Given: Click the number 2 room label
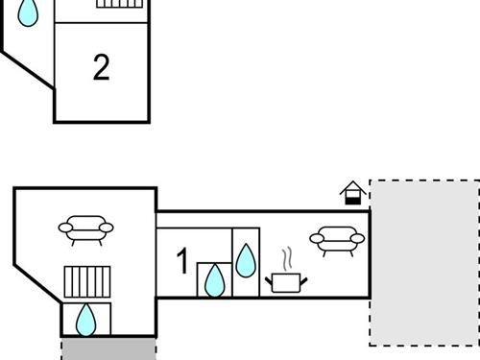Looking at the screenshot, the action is coord(101,66).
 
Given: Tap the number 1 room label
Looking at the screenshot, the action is coord(182,261).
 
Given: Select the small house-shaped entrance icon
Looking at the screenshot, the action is coord(353,193).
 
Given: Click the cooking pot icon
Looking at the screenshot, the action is coord(286,281).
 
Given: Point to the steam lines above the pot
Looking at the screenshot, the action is coord(286,258).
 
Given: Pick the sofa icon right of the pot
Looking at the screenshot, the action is coord(335,239).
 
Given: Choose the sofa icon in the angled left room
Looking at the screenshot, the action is coord(86,229).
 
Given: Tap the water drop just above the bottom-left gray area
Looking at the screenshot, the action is coord(86,320).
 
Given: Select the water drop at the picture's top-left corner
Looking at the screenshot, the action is coord(30,12).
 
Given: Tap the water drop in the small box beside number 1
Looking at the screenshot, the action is coord(214,281).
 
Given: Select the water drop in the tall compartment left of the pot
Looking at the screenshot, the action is coord(246,259).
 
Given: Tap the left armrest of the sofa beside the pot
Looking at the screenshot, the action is coord(314,237).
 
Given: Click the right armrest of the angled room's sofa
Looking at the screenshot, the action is coord(107,228).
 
